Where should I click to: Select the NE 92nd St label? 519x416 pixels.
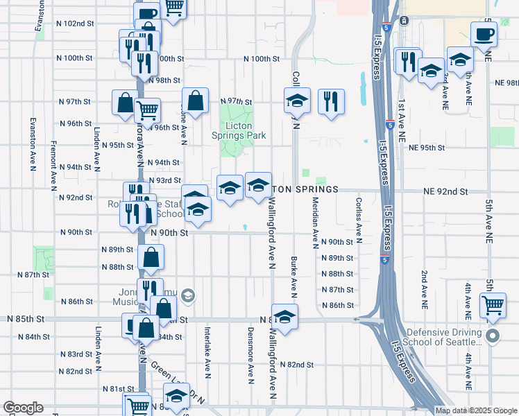tap(445, 191)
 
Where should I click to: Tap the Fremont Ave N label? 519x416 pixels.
tap(53, 166)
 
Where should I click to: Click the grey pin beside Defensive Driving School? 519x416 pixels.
tap(493, 337)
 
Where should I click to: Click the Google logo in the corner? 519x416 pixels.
tap(23, 408)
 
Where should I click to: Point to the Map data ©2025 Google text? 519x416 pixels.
tap(476, 410)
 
